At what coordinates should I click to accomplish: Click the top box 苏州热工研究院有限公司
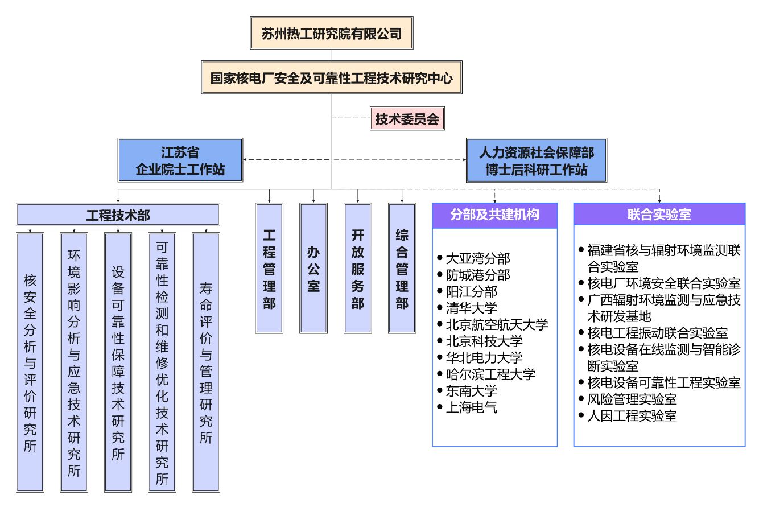(332, 33)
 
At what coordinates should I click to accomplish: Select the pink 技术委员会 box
(406, 120)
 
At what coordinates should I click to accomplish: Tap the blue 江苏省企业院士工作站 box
(180, 160)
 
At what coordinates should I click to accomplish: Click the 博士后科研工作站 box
(536, 160)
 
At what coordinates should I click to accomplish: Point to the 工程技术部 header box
(118, 215)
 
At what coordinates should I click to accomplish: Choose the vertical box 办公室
(313, 268)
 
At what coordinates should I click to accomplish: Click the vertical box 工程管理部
(269, 268)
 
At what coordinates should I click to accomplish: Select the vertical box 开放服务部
(357, 268)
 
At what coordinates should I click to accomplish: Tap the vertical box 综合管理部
(402, 268)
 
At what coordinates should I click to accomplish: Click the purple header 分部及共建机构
(494, 215)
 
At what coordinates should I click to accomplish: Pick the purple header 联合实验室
(659, 215)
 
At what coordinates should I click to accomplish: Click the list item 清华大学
(472, 308)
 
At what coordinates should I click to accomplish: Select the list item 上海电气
(472, 407)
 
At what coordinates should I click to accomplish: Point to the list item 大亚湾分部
(478, 259)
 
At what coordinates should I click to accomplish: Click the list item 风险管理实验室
(632, 399)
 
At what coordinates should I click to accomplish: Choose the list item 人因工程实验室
(632, 415)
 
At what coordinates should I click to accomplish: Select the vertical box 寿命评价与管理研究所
(206, 362)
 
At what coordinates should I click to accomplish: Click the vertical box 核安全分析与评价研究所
(30, 362)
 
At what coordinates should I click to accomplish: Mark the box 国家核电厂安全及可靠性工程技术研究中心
(332, 77)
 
